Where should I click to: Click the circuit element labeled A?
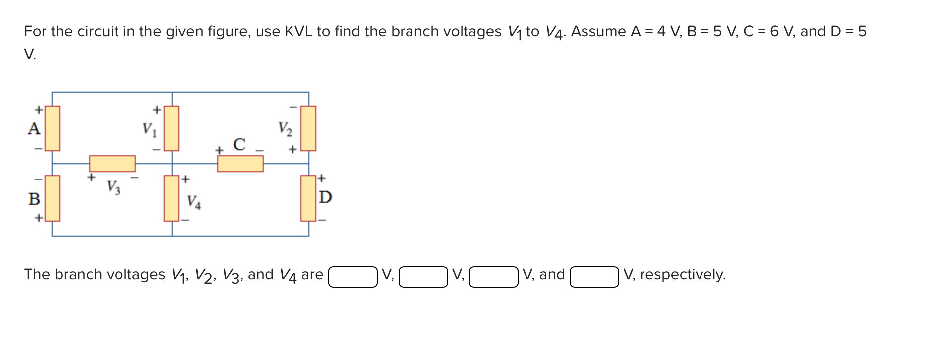53,128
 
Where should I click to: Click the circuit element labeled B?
53,198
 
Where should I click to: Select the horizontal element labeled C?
240,164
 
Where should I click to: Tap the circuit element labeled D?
308,198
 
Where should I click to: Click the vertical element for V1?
172,128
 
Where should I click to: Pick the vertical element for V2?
308,128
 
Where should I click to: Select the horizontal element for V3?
113,164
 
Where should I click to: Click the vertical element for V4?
172,198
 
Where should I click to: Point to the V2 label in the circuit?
285,129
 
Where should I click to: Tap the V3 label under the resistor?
114,187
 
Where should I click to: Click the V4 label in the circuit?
194,202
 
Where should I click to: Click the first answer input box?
353,277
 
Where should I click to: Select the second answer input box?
423,277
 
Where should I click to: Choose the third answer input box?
494,277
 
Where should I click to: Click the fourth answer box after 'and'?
594,277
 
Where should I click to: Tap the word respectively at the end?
682,274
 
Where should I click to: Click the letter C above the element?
239,144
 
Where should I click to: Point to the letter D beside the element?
325,197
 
